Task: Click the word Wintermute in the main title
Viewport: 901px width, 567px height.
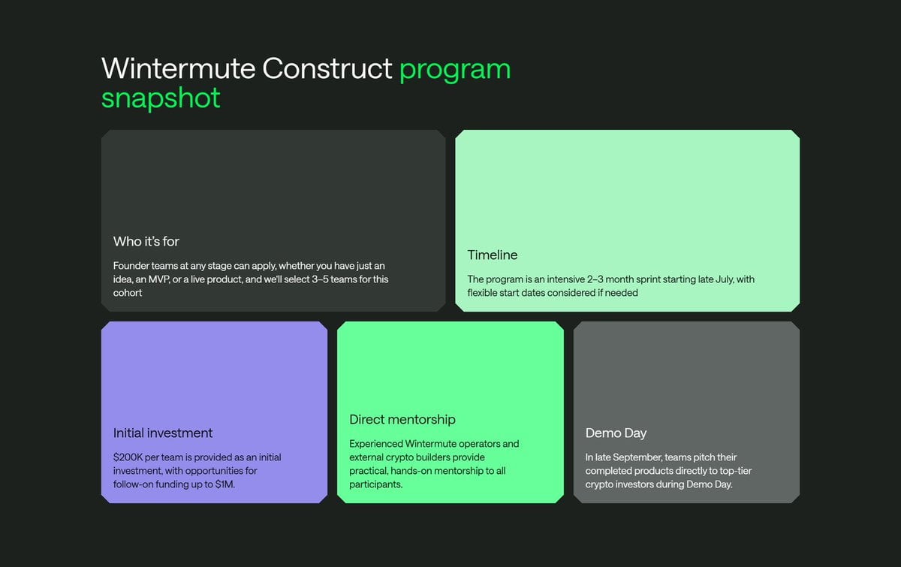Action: click(x=178, y=68)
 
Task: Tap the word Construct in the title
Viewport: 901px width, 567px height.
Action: click(x=327, y=68)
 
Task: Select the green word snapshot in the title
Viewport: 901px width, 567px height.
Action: click(x=161, y=98)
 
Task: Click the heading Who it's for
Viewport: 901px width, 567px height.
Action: click(x=146, y=242)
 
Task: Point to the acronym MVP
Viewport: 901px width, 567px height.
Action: click(x=158, y=279)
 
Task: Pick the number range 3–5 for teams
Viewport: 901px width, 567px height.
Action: click(x=320, y=279)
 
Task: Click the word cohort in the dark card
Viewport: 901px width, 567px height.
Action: click(x=128, y=293)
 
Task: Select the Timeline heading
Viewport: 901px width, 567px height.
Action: click(x=493, y=255)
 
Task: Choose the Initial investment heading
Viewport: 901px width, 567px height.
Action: click(x=162, y=433)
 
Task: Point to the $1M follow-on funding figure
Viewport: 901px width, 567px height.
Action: click(x=224, y=484)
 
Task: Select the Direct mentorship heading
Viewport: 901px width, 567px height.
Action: click(x=402, y=419)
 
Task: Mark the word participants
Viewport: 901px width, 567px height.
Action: click(x=375, y=484)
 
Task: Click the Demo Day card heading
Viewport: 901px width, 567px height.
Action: click(x=616, y=433)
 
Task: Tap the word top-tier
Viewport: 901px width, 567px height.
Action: click(x=735, y=471)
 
